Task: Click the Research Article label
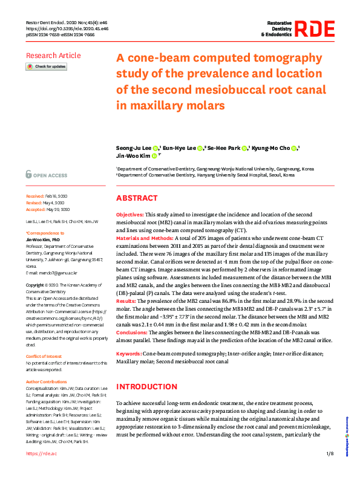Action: [53, 56]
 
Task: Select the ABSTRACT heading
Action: [137, 199]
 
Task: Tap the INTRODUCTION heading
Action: [146, 386]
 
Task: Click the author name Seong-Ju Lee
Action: [133, 148]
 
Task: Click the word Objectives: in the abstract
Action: [129, 215]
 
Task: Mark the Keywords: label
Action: [128, 352]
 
